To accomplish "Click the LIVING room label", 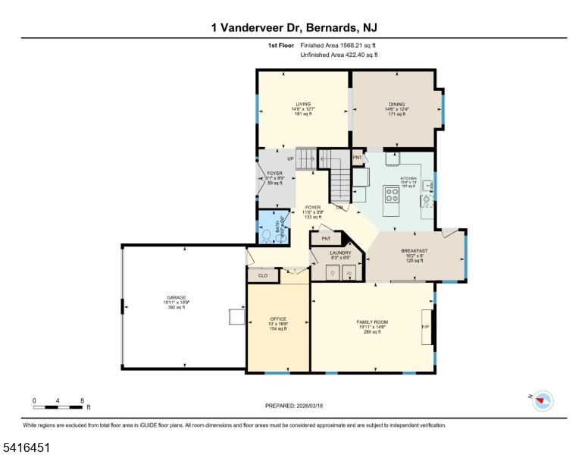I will pos(303,105).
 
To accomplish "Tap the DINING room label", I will pos(396,105).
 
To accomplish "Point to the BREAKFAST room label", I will pos(414,251).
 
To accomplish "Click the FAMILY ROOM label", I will pos(372,322).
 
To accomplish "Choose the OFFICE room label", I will pos(278,318).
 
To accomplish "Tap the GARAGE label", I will pos(177,297).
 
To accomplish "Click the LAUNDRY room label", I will pos(340,253).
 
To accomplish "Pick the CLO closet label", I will pos(263,275).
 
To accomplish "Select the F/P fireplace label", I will pos(425,327).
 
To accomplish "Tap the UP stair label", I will pos(290,158).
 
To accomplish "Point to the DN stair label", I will pos(339,207).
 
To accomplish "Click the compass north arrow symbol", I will pos(542,400).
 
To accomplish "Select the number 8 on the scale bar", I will pos(82,400).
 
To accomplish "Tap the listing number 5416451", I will pos(26,448).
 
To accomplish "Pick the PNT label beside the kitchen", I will pos(357,157).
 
